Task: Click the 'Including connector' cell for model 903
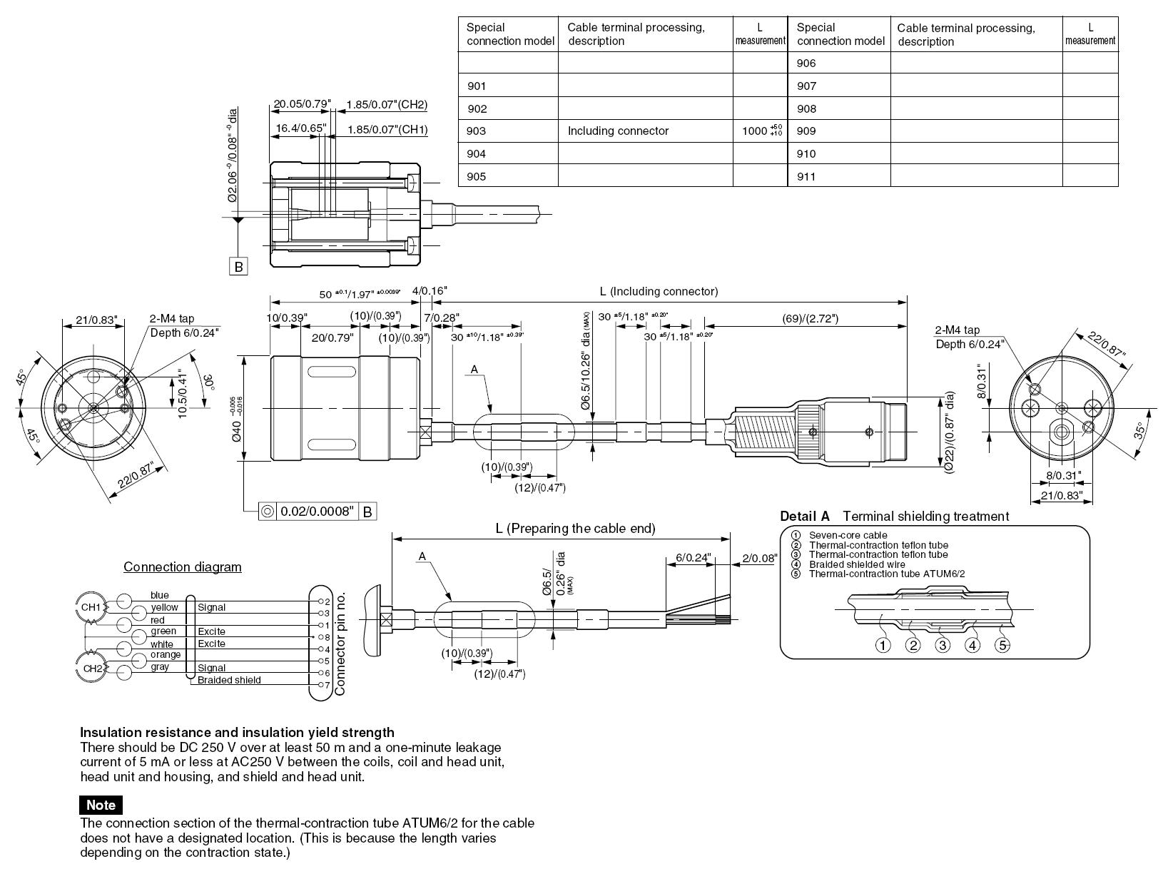pyautogui.click(x=618, y=131)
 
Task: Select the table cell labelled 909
pyautogui.click(x=806, y=131)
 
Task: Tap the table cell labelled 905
pyautogui.click(x=477, y=176)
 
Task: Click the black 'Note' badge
pyautogui.click(x=101, y=805)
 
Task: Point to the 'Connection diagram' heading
pyautogui.click(x=183, y=567)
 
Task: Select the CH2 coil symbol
pyautogui.click(x=92, y=669)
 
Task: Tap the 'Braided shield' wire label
pyautogui.click(x=229, y=680)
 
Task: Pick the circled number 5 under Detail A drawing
pyautogui.click(x=1002, y=646)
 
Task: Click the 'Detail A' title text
pyautogui.click(x=805, y=517)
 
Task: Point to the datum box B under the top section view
pyautogui.click(x=239, y=267)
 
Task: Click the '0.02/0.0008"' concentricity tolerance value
pyautogui.click(x=318, y=512)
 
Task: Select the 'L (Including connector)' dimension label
pyautogui.click(x=659, y=291)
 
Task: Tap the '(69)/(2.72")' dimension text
pyautogui.click(x=806, y=318)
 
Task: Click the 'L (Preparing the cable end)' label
pyautogui.click(x=575, y=529)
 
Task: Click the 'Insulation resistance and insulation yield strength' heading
pyautogui.click(x=237, y=732)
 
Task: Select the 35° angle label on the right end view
pyautogui.click(x=1139, y=430)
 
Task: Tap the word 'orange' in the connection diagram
pyautogui.click(x=166, y=655)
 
